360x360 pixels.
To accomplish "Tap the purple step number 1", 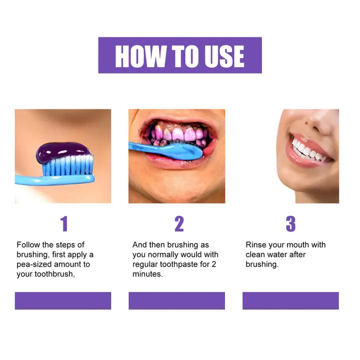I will (x=63, y=224).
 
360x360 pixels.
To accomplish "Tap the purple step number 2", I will (x=179, y=224).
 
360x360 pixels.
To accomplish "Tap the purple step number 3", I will (x=290, y=224).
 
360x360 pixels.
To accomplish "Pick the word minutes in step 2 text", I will (x=147, y=274).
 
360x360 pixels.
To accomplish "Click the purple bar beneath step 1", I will (x=63, y=300).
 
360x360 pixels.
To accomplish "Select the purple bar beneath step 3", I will (x=290, y=300).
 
